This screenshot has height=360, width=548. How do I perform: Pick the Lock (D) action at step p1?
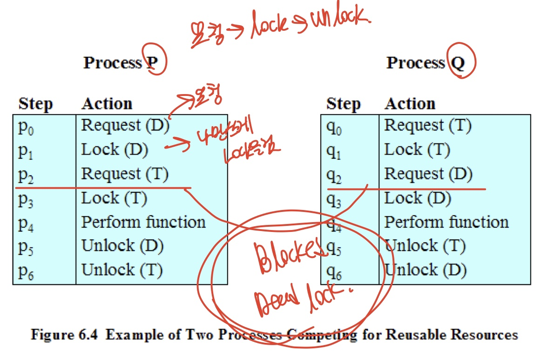click(115, 149)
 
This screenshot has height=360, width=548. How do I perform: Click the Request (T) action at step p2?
click(125, 174)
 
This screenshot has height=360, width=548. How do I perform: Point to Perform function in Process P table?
click(143, 222)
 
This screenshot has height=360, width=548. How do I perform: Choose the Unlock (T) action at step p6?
click(122, 270)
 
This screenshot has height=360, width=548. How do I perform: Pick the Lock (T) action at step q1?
click(417, 149)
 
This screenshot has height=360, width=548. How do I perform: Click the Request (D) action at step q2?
click(428, 174)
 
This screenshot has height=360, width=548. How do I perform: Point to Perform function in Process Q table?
click(446, 222)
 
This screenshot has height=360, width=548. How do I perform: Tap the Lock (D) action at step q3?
click(417, 198)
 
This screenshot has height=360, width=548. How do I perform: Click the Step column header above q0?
click(343, 103)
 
